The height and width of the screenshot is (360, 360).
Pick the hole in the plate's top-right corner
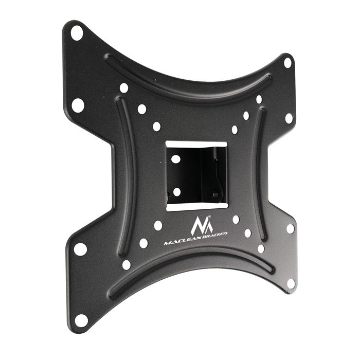[287, 63]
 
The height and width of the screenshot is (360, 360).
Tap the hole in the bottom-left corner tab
[80, 319]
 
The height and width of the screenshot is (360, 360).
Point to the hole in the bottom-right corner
[291, 283]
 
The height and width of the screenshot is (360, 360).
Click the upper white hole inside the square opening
[176, 159]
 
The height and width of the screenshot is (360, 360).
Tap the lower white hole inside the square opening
[176, 192]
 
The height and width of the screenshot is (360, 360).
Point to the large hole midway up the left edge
[78, 105]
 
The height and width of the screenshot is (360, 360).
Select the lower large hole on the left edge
[80, 249]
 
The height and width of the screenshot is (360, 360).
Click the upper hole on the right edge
[289, 118]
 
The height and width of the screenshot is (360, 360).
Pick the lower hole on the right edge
[291, 228]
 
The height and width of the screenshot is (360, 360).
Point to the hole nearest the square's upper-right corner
[235, 129]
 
